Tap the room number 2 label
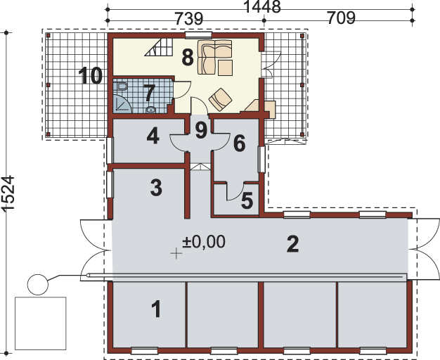coord(293,244)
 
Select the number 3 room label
coord(156,188)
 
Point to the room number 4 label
coord(153,136)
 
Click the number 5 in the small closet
coord(246,200)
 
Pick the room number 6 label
coord(239,143)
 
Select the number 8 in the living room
coord(188,58)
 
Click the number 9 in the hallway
coord(201,129)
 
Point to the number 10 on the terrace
coord(90,75)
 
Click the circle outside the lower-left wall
coord(37,285)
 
